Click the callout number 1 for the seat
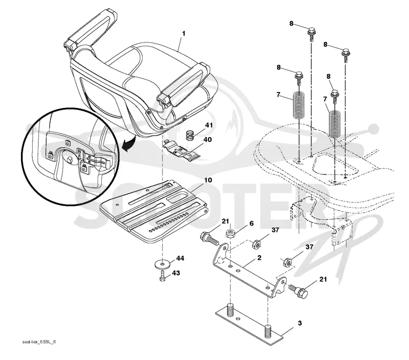(x=184, y=34)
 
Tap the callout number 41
(x=209, y=125)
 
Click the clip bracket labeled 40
(x=181, y=149)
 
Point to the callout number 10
(x=208, y=180)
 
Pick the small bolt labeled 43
(x=162, y=276)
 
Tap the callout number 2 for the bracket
(x=259, y=258)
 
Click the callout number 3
(x=300, y=323)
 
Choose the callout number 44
(x=180, y=258)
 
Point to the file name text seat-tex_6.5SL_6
(x=39, y=342)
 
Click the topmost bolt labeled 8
(x=312, y=33)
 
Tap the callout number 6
(x=251, y=223)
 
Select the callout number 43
(x=176, y=273)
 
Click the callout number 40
(x=208, y=140)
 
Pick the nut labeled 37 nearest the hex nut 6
(x=257, y=244)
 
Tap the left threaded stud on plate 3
(x=231, y=310)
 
